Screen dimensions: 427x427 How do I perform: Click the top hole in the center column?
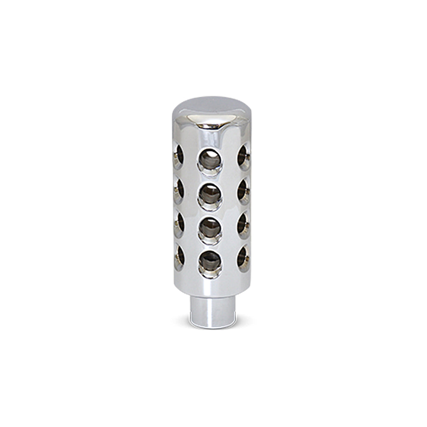coord(210,161)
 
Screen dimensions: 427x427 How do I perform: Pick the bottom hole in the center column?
coord(210,263)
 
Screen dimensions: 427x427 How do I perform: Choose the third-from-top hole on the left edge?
coord(179,225)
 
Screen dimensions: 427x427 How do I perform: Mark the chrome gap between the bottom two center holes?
coord(210,246)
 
